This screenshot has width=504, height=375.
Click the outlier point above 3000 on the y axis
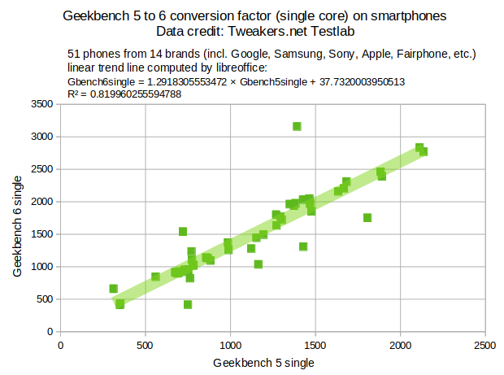[297, 126]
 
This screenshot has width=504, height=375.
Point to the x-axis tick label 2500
[485, 345]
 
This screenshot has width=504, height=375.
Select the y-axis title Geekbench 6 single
[18, 218]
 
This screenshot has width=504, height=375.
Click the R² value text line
[124, 94]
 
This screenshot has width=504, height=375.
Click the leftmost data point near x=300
[114, 289]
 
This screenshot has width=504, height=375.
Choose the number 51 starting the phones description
[75, 54]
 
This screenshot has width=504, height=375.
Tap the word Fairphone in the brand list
[422, 54]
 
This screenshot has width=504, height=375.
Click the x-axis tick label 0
[60, 345]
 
